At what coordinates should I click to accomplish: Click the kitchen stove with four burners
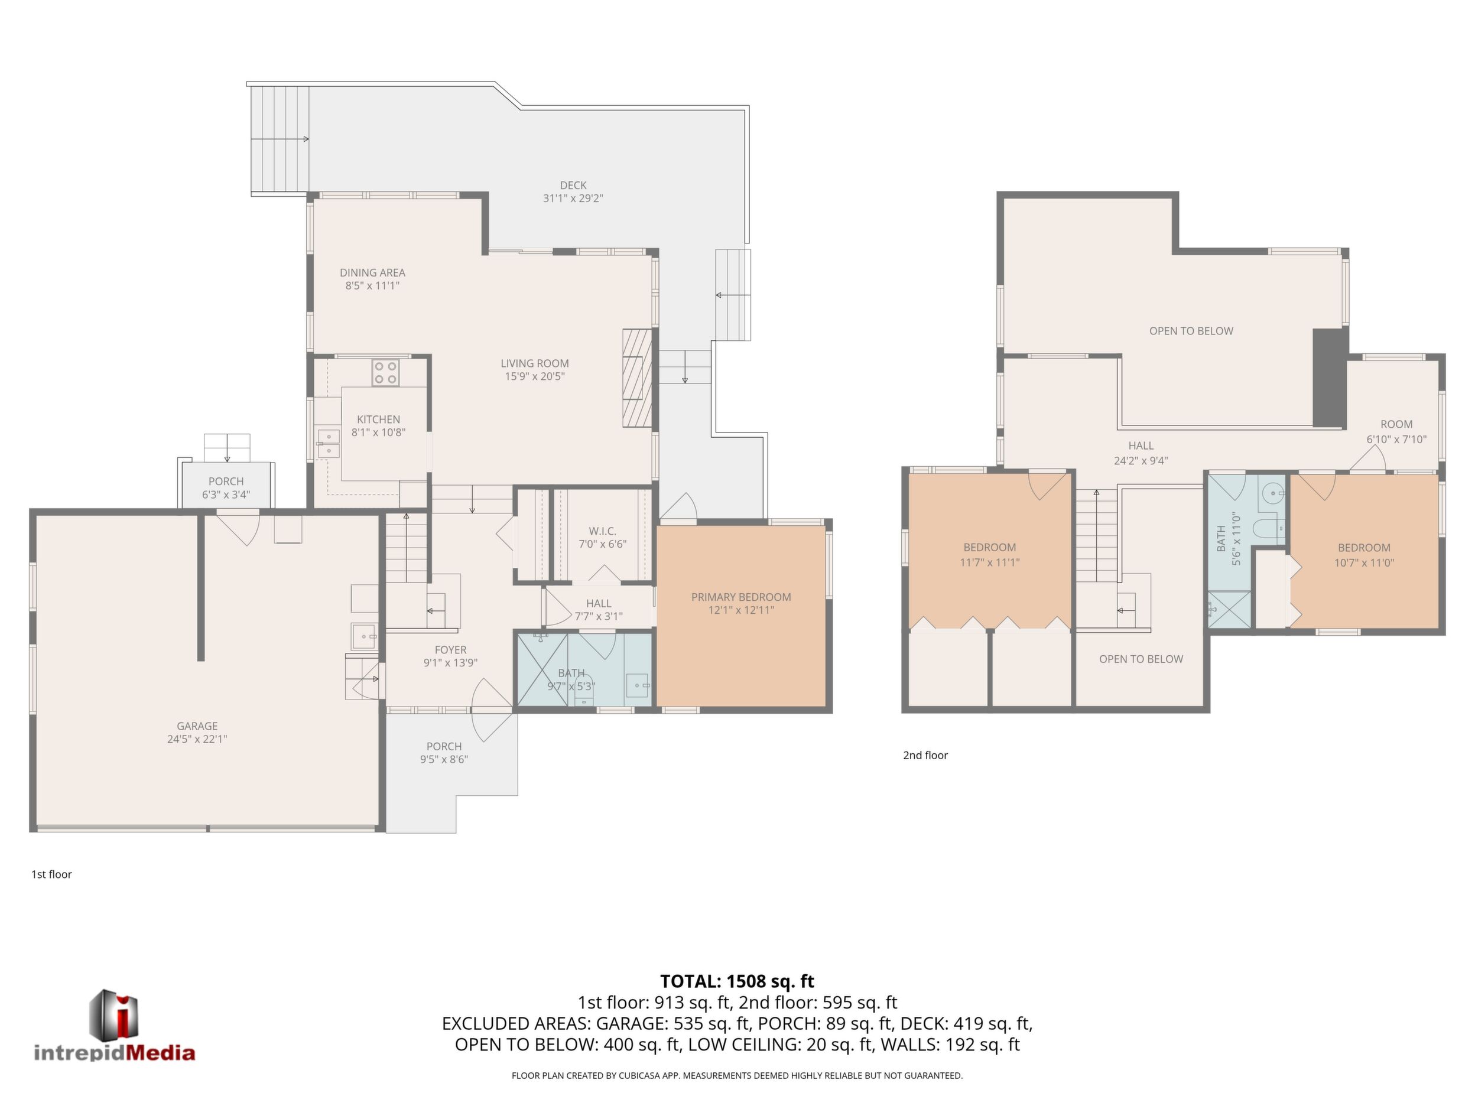(385, 373)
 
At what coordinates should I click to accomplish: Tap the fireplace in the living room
(637, 378)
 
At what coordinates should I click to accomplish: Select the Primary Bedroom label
(741, 597)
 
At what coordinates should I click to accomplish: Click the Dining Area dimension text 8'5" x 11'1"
(372, 285)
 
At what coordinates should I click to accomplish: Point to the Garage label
(197, 726)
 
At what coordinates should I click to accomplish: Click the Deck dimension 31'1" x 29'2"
(573, 198)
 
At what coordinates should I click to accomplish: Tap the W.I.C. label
(602, 531)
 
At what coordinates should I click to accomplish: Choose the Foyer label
(451, 649)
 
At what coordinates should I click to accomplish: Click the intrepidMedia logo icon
(114, 1014)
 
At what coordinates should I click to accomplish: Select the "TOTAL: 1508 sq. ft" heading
(737, 981)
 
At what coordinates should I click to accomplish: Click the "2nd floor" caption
(925, 755)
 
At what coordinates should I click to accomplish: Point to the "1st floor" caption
(51, 874)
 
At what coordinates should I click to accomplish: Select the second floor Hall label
(1141, 445)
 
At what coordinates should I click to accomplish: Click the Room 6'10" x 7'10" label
(1396, 431)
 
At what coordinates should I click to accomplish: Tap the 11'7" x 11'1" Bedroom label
(990, 555)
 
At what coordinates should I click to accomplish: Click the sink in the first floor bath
(638, 685)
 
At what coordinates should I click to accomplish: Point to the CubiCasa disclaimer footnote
(737, 1075)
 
